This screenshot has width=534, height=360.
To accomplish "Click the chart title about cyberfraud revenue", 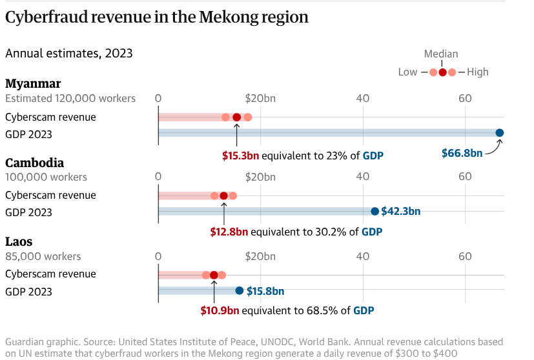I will (x=157, y=17).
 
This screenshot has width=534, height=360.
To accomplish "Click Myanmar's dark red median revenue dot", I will (x=236, y=117).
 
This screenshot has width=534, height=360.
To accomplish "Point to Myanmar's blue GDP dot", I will (x=500, y=133).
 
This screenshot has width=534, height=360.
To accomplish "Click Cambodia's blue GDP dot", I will (x=375, y=211).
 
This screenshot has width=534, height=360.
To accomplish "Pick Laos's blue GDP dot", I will (x=240, y=290).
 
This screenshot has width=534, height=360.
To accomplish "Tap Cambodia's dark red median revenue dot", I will (x=223, y=195).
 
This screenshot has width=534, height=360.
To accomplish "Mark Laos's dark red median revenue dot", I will (x=214, y=275).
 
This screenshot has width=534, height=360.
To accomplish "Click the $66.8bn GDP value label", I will (x=462, y=154).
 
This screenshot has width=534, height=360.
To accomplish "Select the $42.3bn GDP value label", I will (x=401, y=211).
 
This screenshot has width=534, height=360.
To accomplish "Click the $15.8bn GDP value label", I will (x=265, y=291).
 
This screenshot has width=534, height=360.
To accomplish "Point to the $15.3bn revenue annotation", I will (x=240, y=155).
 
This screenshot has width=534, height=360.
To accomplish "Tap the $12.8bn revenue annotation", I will (x=229, y=232).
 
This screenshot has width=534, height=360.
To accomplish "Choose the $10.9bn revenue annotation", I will (x=220, y=310).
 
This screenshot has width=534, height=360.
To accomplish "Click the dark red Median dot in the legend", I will (x=442, y=72).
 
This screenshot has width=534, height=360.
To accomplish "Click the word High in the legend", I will (x=478, y=72).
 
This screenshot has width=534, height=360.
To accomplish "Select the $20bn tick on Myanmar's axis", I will (x=260, y=98).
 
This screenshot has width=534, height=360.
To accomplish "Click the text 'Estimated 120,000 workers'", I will (x=70, y=98).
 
